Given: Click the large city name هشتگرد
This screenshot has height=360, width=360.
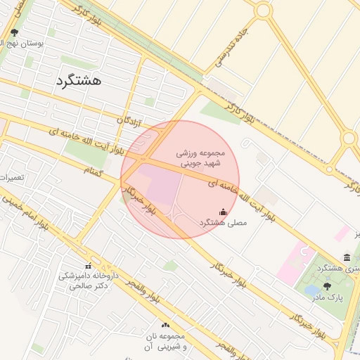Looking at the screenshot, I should click(78, 81).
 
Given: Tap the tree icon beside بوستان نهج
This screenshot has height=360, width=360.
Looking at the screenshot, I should click(15, 32).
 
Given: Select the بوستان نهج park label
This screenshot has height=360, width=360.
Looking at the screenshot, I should click(40, 43).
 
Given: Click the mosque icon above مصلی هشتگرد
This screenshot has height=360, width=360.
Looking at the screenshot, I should click(224, 212).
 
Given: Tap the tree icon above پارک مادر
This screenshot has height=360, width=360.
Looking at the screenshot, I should click(327, 286).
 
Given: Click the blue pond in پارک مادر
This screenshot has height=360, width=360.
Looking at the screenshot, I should click(311, 289).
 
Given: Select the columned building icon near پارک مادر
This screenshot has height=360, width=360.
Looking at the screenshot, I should click(347, 258).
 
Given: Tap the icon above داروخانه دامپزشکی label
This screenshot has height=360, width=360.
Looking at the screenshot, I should click(88, 266).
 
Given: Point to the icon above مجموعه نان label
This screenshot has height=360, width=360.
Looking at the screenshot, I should click(166, 325).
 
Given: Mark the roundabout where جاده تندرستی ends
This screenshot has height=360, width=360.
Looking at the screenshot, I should click(264, 11).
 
